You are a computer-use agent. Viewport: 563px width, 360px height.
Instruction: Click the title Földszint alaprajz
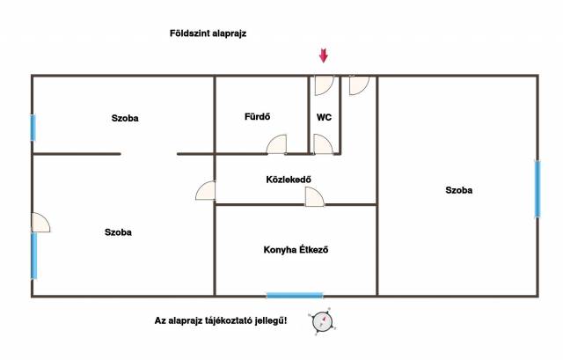208,33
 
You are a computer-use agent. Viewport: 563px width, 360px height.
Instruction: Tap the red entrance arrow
324,55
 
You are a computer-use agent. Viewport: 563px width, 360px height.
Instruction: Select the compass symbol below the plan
322,321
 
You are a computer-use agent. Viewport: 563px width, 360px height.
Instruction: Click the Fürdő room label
258,116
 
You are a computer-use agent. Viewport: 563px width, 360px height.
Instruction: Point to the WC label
324,117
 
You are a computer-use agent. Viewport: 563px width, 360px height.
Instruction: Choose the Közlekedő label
289,180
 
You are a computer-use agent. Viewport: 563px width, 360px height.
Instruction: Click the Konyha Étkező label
296,250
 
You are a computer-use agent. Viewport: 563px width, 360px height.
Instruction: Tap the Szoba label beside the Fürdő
125,118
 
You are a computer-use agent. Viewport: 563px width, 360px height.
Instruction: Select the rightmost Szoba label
459,190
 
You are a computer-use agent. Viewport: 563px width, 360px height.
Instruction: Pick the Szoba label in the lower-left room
118,232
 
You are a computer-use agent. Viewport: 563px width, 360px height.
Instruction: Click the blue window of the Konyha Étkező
295,296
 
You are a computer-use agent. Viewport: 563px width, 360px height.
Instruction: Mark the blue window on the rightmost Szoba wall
537,189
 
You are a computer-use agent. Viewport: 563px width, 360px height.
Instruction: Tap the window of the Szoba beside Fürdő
33,128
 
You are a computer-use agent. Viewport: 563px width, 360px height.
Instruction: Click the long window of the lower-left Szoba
33,255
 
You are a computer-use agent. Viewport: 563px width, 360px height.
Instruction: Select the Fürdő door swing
277,144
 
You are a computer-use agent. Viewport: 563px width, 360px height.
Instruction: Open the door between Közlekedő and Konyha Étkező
315,197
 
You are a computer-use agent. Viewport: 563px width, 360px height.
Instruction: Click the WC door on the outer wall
325,85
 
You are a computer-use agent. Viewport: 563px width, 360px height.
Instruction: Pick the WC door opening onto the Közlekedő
323,144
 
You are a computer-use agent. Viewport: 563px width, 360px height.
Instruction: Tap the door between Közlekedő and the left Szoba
206,190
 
